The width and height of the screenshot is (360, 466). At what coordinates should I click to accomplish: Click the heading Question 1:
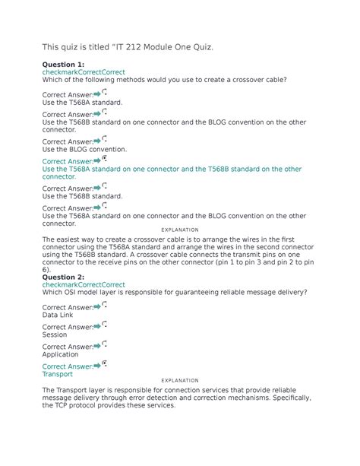pyautogui.click(x=63, y=65)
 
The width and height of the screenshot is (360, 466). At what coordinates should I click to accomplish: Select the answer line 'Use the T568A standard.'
pyautogui.click(x=82, y=101)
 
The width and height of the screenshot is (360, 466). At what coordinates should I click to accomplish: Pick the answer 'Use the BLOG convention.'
pyautogui.click(x=84, y=150)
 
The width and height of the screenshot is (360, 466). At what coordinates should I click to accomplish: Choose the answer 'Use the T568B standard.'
pyautogui.click(x=82, y=196)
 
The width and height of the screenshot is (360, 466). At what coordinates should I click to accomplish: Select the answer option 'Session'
pyautogui.click(x=55, y=334)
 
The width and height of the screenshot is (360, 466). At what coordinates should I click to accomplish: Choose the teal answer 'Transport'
pyautogui.click(x=58, y=374)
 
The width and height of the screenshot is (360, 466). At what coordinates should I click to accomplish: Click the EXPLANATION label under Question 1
pyautogui.click(x=180, y=230)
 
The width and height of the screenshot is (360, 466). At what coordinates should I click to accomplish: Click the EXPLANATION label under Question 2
pyautogui.click(x=180, y=380)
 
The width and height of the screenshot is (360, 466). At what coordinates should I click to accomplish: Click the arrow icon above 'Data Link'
pyautogui.click(x=97, y=306)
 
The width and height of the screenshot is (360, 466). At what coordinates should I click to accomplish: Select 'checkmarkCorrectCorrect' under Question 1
pyautogui.click(x=84, y=73)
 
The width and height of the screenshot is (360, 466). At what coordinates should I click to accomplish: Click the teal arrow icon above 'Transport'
pyautogui.click(x=97, y=366)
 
